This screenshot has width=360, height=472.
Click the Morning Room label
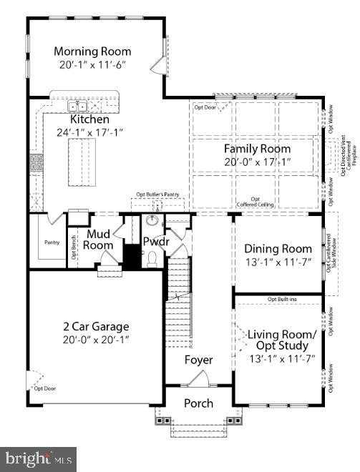click(x=93, y=51)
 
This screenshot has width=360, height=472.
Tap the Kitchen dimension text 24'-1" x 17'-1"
click(x=90, y=132)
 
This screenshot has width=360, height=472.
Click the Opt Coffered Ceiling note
click(x=254, y=202)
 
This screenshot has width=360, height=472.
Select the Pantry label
click(x=52, y=242)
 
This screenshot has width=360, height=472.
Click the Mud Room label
click(x=99, y=240)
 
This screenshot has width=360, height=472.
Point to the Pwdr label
click(x=155, y=242)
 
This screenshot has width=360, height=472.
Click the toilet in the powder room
click(x=152, y=262)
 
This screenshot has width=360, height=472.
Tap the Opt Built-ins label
click(x=281, y=298)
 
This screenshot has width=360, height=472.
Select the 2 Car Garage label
click(x=93, y=327)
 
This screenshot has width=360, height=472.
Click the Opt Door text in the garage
click(x=44, y=388)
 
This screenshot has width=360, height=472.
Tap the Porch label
click(x=198, y=403)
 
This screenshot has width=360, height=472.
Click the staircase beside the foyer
click(x=179, y=300)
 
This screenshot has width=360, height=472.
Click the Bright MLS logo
click(x=39, y=456)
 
